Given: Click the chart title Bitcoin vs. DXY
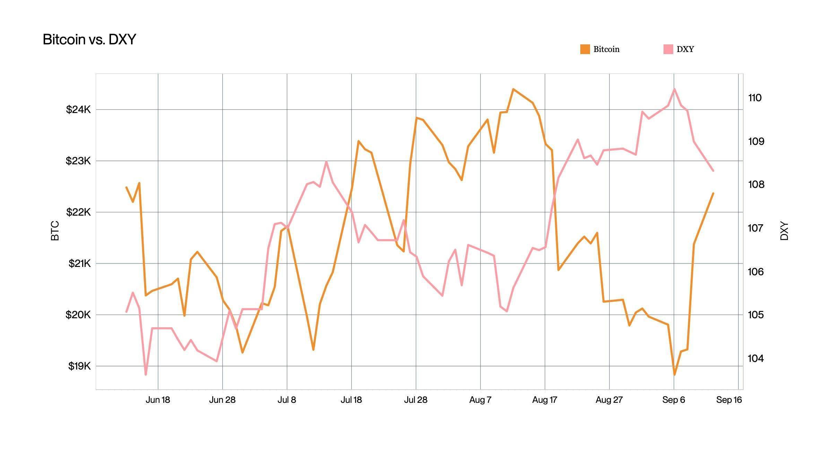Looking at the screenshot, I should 89,40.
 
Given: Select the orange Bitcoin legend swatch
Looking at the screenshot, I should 585,49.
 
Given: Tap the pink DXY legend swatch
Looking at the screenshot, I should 668,49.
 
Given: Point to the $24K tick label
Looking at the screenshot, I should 78,110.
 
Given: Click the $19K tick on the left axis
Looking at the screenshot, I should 79,366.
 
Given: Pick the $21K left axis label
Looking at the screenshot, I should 79,263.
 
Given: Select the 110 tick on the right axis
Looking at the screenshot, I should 755,98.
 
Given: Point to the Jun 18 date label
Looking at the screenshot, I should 158,400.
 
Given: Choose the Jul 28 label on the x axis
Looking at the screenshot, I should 416,400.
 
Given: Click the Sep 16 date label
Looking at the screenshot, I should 729,400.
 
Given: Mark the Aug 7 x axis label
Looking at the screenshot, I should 480,400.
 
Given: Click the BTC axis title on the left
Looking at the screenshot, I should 55,231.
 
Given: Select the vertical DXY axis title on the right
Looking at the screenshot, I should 784,231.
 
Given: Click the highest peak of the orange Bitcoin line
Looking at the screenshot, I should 513,89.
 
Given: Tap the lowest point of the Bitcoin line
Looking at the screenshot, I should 674,375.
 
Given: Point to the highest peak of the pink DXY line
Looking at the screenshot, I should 674,89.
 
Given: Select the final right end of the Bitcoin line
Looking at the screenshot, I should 713,193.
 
